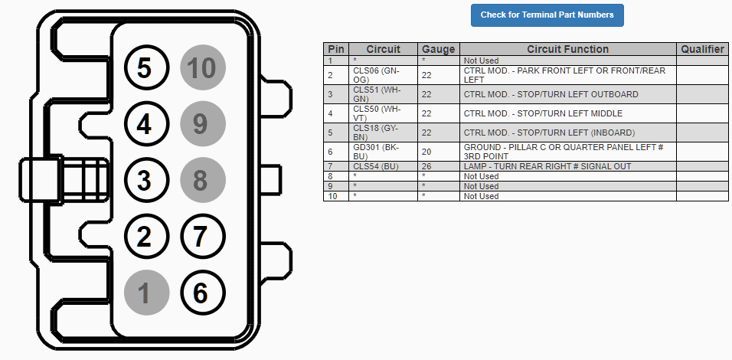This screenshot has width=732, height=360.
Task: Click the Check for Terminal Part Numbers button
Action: (x=547, y=15)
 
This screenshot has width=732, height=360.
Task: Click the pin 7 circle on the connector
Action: (x=203, y=236)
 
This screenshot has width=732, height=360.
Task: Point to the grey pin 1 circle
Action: (x=146, y=293)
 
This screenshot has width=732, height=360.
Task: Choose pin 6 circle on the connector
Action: (x=203, y=293)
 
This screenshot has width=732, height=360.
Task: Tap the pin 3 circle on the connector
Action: (x=146, y=180)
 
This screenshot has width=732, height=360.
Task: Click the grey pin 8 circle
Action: (x=203, y=180)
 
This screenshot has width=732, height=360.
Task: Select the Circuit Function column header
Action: (x=567, y=49)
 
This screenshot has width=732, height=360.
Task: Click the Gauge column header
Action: (x=439, y=49)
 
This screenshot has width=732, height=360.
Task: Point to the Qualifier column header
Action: (x=702, y=49)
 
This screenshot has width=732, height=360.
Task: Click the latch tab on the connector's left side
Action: (x=41, y=180)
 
